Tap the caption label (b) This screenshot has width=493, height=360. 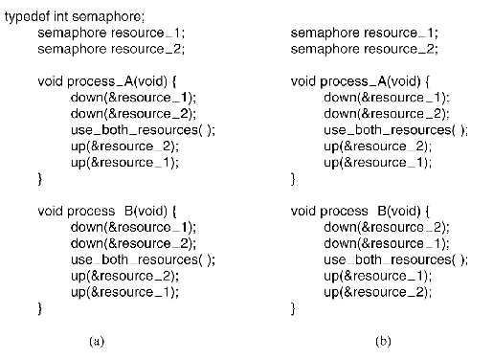[x=381, y=340]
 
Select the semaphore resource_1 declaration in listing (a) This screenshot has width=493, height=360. [x=111, y=33]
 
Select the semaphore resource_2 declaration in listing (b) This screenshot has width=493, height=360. [x=365, y=49]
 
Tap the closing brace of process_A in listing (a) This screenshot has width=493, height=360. [x=40, y=179]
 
